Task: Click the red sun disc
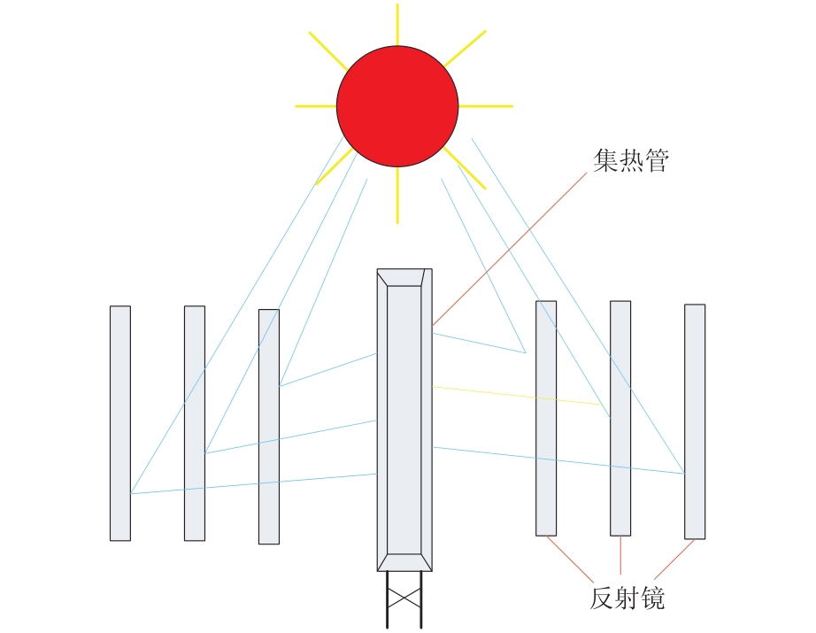tap(397, 106)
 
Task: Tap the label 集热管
tap(631, 160)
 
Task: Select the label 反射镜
tap(627, 598)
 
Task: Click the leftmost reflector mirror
tap(120, 423)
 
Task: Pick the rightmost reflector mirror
tap(695, 421)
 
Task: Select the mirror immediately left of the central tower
tap(269, 427)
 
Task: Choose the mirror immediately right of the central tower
tap(546, 418)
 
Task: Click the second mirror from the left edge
tap(195, 423)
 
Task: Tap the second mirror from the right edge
tap(620, 418)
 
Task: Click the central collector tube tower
tap(404, 421)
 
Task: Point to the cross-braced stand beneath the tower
tap(404, 599)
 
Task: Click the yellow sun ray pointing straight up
tap(397, 25)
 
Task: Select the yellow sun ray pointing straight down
tap(397, 195)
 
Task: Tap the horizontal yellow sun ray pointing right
tap(486, 106)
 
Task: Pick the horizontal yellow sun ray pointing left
tap(316, 106)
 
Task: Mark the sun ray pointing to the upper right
tap(466, 49)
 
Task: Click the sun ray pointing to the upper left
tap(328, 51)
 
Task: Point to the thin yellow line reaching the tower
tap(517, 396)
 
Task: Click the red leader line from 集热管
tap(510, 250)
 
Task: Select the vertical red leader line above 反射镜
tap(620, 555)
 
